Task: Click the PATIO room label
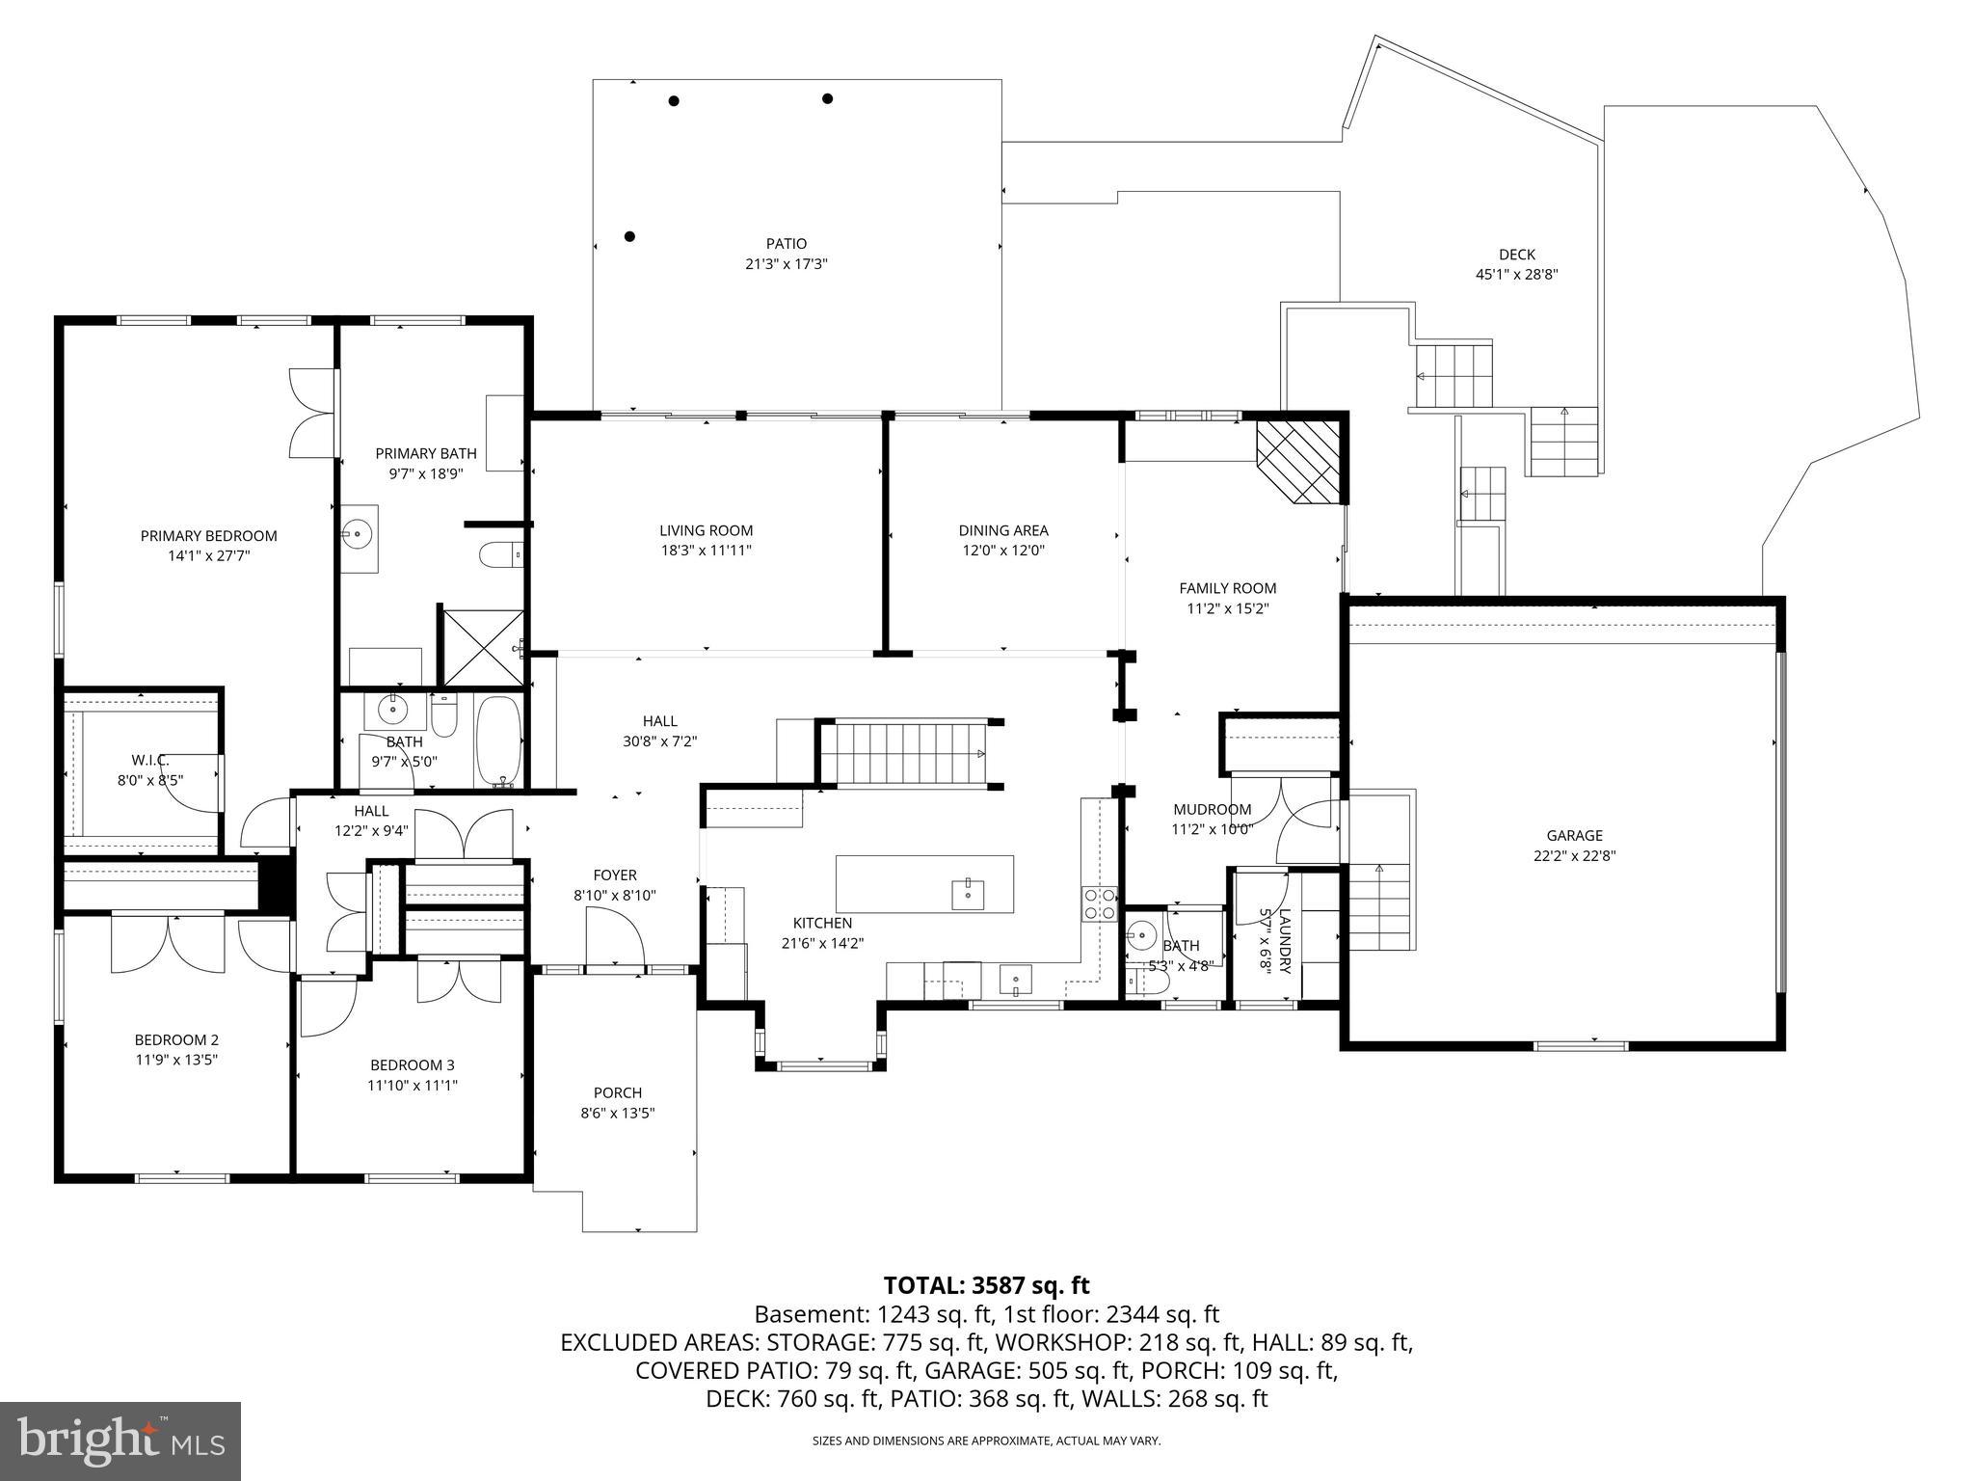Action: (787, 244)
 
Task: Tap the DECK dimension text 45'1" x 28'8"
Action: (1516, 274)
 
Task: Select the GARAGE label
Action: (1574, 836)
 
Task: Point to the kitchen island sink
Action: (967, 893)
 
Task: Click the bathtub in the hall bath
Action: (498, 740)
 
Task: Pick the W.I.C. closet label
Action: (150, 760)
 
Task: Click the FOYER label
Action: (615, 875)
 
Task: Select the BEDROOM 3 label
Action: (412, 1065)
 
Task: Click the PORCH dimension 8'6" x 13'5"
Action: (618, 1113)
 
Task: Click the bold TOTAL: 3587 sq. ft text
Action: (986, 1285)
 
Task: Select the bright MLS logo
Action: (120, 1441)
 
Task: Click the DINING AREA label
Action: (1002, 530)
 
